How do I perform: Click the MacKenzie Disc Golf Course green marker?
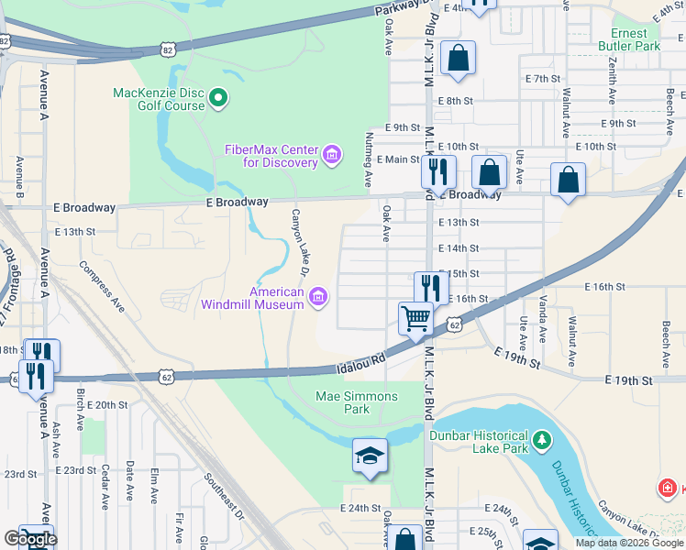pyautogui.click(x=218, y=96)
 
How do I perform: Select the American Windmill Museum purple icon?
pyautogui.click(x=318, y=295)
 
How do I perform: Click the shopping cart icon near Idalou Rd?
pyautogui.click(x=415, y=318)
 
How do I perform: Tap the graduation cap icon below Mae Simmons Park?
pyautogui.click(x=370, y=456)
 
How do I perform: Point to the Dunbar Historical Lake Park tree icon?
pyautogui.click(x=542, y=443)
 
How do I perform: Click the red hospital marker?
pyautogui.click(x=669, y=488)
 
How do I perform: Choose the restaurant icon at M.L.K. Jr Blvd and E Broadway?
pyautogui.click(x=438, y=170)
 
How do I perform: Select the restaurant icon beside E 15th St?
pyautogui.click(x=430, y=288)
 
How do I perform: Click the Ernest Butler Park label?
pyautogui.click(x=629, y=38)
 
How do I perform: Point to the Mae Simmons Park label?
pyautogui.click(x=357, y=402)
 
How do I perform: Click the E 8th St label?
pyautogui.click(x=455, y=101)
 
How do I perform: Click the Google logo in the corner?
pyautogui.click(x=29, y=539)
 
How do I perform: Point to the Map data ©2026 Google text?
pyautogui.click(x=629, y=543)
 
